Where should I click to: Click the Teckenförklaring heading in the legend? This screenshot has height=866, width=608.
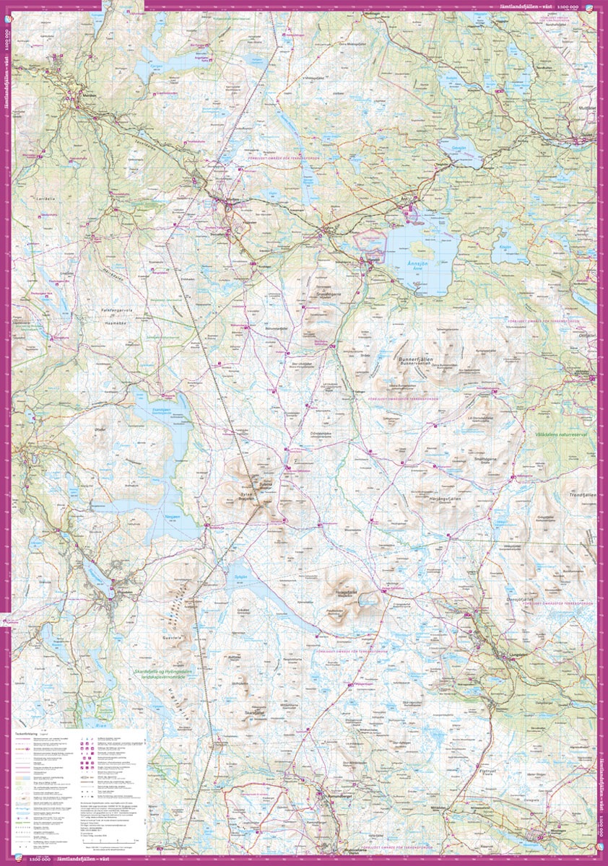(x=27, y=732)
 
